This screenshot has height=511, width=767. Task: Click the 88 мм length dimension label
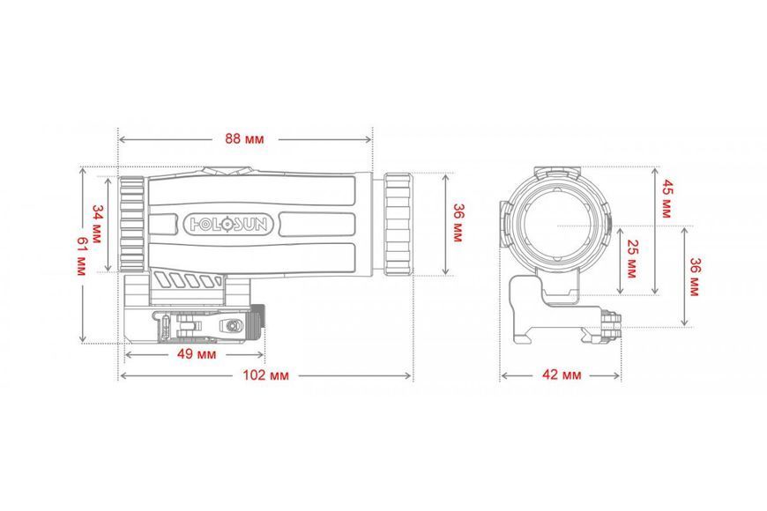pos(244,139)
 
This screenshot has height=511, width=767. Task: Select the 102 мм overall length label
pos(265,375)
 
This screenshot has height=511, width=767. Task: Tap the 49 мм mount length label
pos(196,353)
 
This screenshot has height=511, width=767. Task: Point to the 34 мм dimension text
pos(97,224)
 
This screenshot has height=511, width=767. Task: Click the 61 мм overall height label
pos(81,256)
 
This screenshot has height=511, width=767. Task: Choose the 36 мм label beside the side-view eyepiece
pos(458,223)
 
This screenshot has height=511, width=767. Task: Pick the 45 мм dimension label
pos(667,198)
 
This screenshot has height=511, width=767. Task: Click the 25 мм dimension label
pos(631,259)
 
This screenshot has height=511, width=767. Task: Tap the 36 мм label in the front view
pos(694,277)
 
